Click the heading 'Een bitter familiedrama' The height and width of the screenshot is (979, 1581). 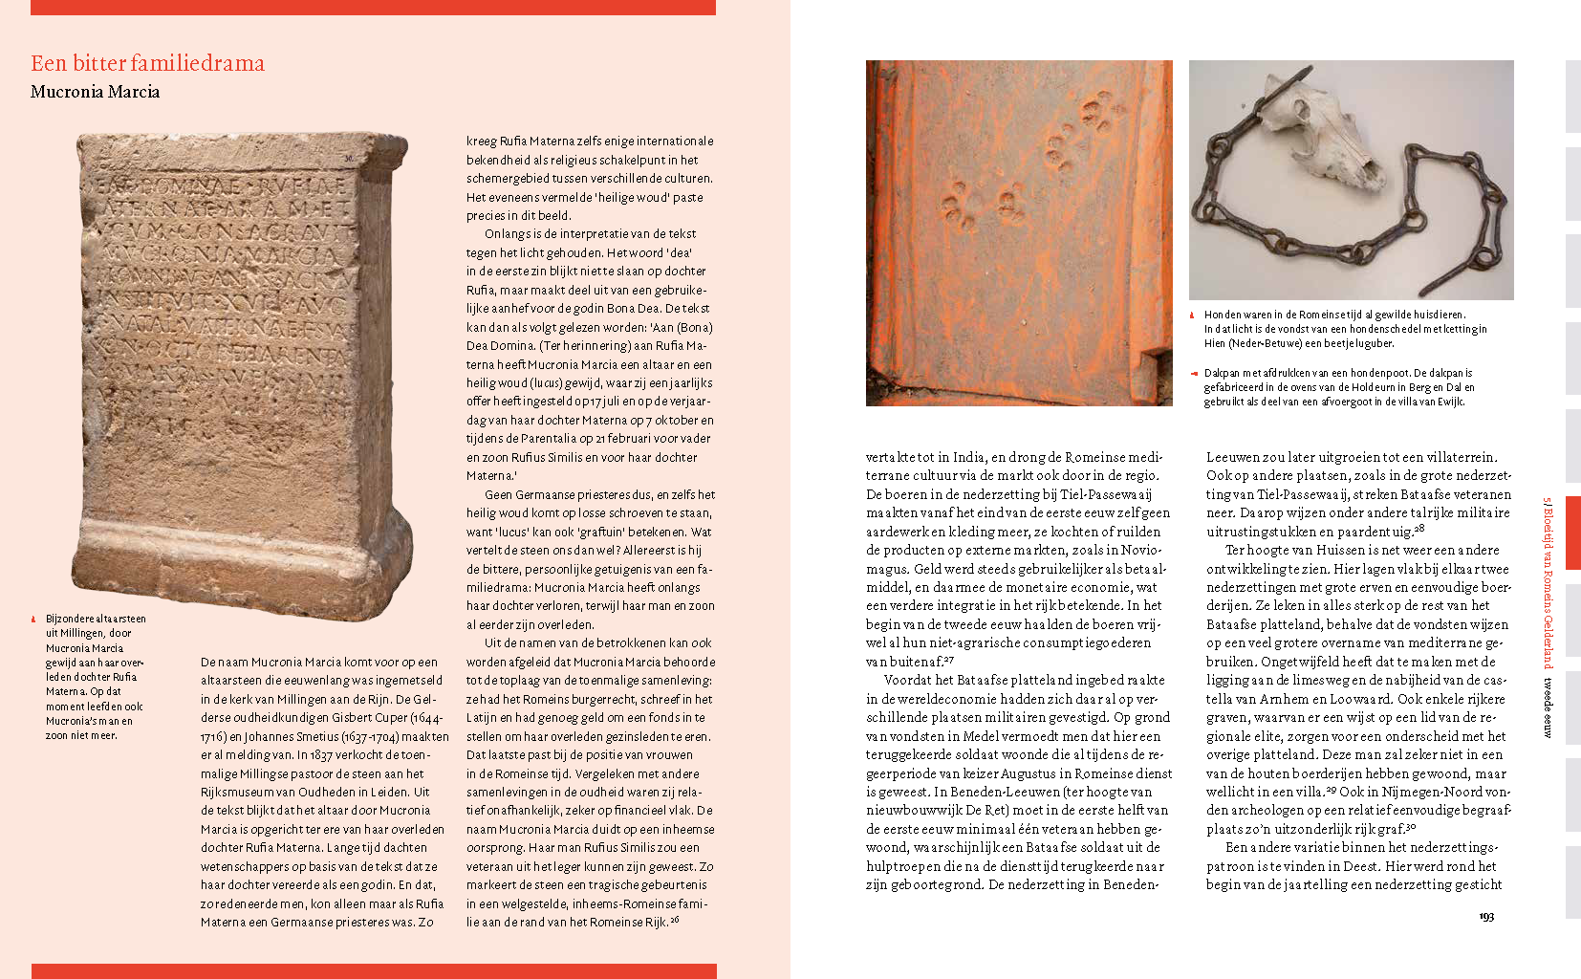[x=147, y=63]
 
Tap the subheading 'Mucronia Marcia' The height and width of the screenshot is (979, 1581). [x=95, y=92]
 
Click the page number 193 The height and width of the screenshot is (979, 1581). [x=1486, y=916]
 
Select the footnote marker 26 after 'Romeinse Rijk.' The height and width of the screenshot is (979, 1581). [x=675, y=920]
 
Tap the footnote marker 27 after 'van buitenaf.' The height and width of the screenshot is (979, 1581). [x=950, y=659]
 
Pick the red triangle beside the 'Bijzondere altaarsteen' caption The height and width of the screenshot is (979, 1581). [x=33, y=620]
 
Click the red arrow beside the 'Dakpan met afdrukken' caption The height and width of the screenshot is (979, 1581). [x=1194, y=374]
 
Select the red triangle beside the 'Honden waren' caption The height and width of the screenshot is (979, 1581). [x=1192, y=315]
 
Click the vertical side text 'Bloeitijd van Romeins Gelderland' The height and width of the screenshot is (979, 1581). [x=1548, y=583]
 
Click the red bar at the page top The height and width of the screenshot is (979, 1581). [x=373, y=8]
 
